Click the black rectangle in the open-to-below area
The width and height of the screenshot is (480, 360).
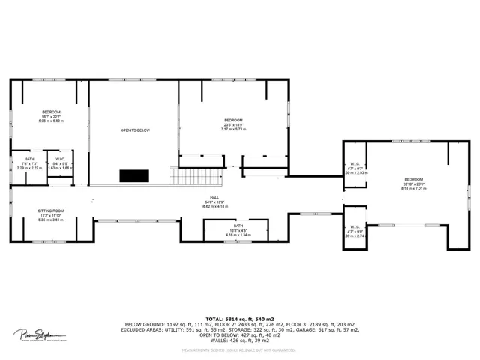[x=134, y=176]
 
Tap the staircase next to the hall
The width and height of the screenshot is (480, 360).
[x=197, y=177]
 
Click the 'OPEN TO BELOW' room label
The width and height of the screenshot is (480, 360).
[x=135, y=130]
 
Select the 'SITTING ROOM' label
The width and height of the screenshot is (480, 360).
[x=51, y=211]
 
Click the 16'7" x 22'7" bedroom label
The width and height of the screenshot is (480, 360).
[x=51, y=116]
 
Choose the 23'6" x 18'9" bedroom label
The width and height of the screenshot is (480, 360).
[x=234, y=124]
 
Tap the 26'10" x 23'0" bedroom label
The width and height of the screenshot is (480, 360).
[x=414, y=184]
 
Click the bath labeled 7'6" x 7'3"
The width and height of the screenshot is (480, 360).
[x=29, y=163]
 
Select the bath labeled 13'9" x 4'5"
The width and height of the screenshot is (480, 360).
[x=238, y=231]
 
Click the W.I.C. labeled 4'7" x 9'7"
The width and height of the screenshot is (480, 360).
[x=354, y=169]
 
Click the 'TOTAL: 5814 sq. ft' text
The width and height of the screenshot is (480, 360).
[x=240, y=319]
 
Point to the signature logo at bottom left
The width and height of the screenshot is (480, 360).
[x=40, y=335]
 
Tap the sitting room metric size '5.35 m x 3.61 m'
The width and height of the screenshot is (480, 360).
[x=51, y=220]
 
